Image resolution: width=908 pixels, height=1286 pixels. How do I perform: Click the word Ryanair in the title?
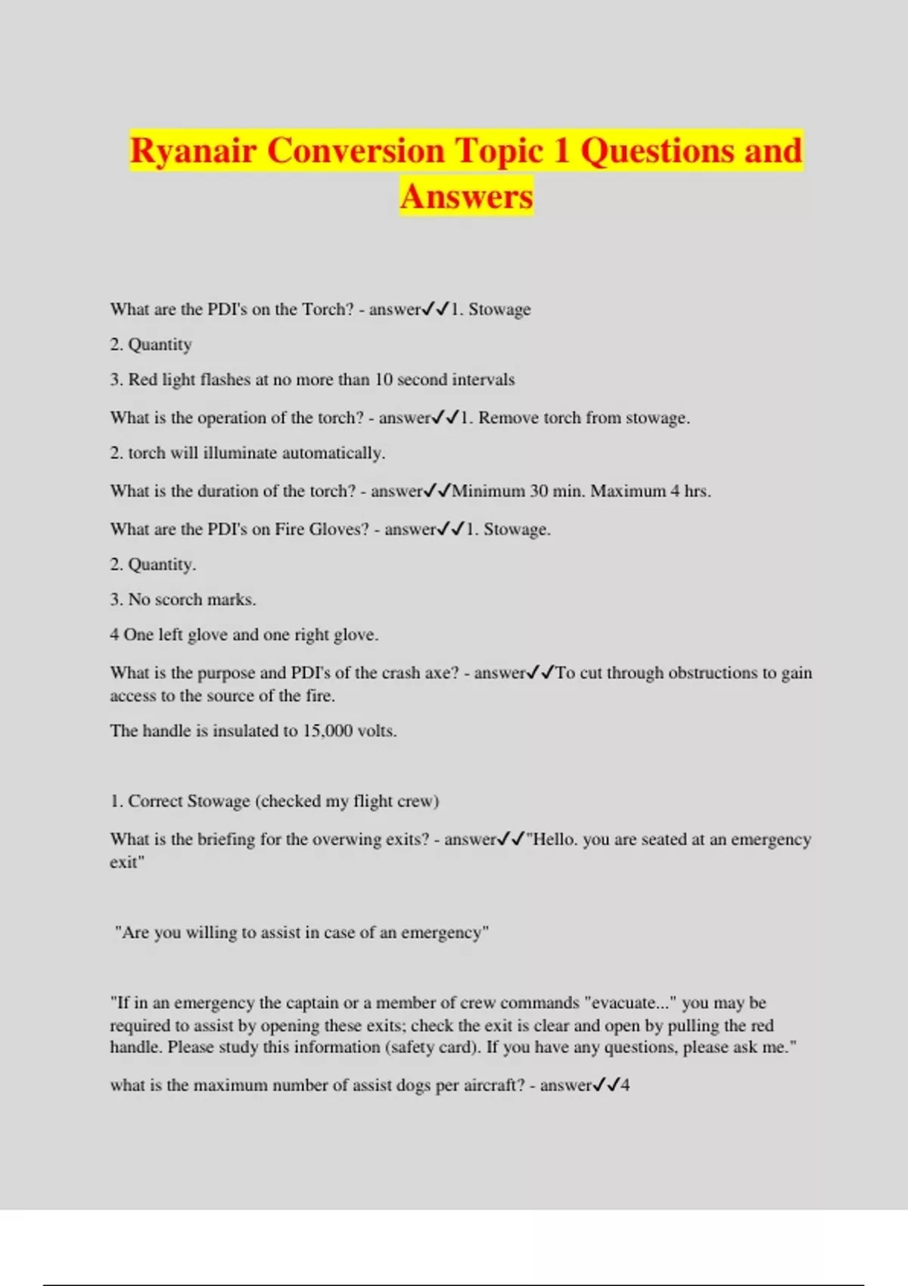(x=194, y=150)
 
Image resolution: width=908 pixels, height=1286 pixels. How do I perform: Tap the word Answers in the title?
(x=467, y=196)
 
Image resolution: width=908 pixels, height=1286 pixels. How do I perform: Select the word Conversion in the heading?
(x=356, y=150)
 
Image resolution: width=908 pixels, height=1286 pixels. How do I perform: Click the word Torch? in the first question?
(x=328, y=309)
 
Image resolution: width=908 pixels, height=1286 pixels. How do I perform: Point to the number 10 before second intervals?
(x=384, y=380)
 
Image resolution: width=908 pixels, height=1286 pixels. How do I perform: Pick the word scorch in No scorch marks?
(x=178, y=600)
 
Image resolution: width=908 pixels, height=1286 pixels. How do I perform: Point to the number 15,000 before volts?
(x=327, y=731)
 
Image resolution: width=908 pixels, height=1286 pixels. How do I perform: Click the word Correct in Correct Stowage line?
(x=155, y=801)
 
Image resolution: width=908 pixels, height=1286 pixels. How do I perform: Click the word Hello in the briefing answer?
(x=555, y=840)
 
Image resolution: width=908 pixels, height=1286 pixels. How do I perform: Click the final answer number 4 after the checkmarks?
(x=625, y=1086)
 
